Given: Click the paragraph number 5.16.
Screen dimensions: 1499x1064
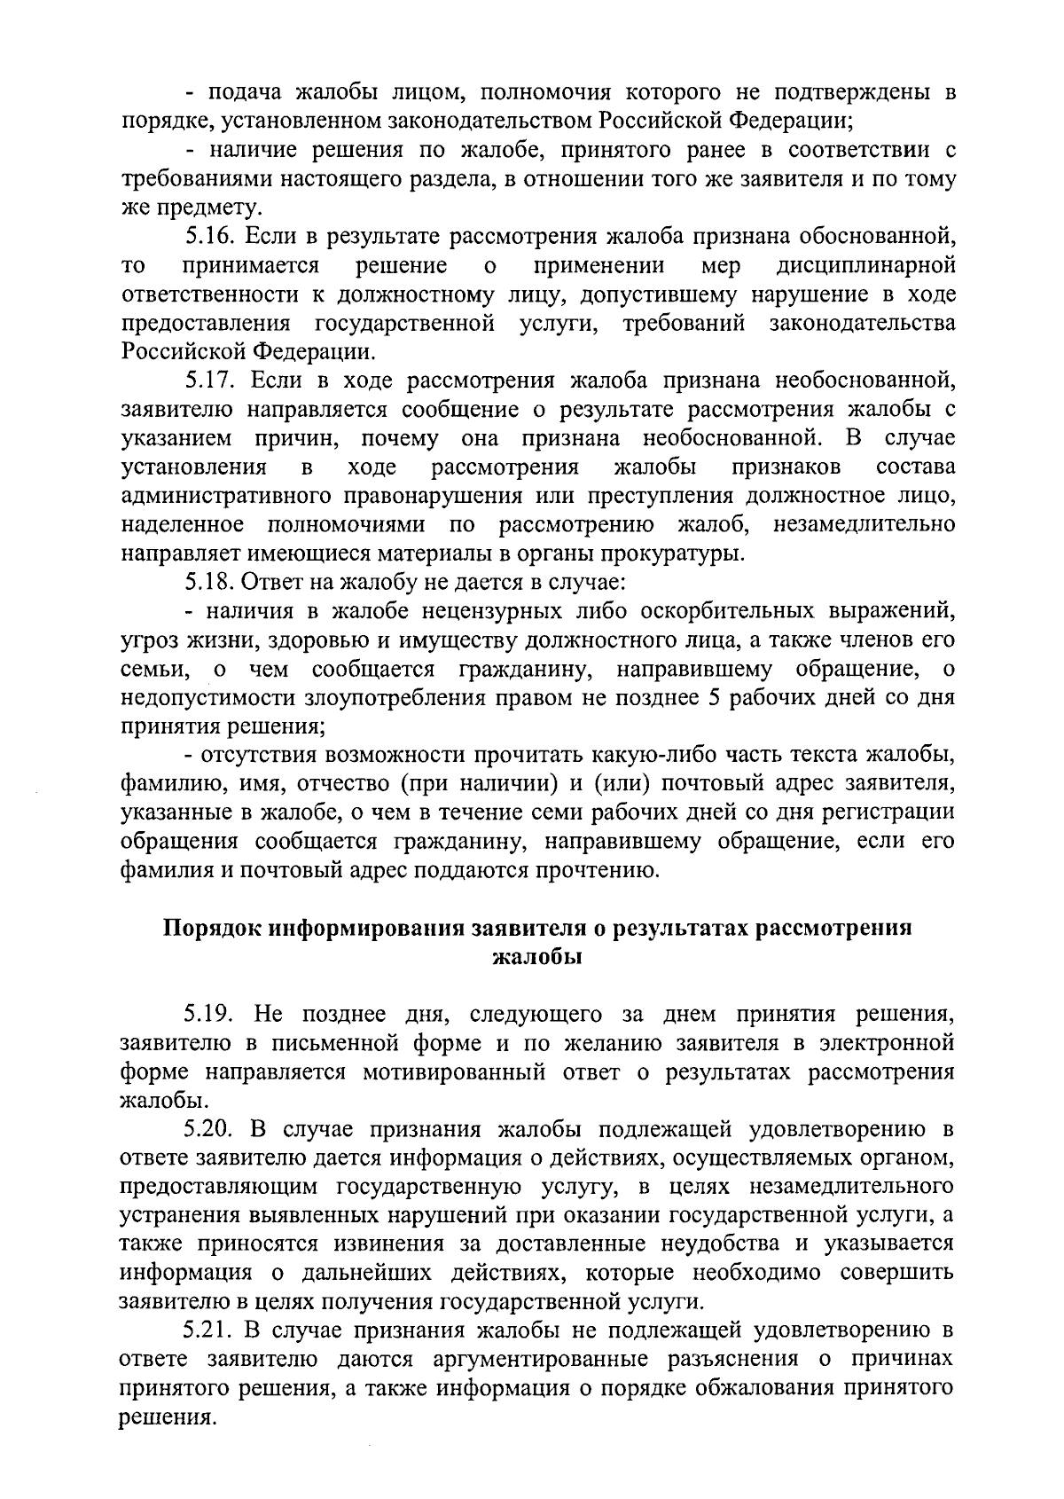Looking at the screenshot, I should click(x=209, y=237).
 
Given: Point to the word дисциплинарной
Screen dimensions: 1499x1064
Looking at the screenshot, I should click(x=865, y=265).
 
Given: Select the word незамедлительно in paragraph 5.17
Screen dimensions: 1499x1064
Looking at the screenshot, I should click(x=864, y=525).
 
